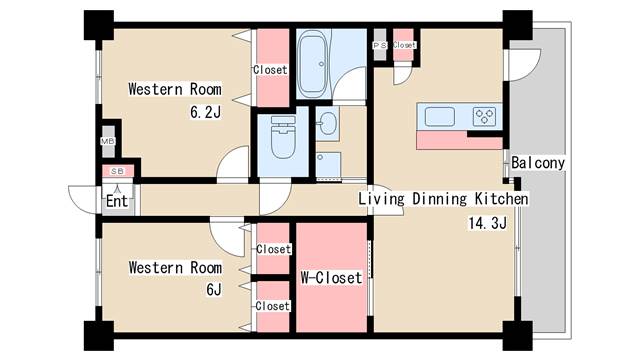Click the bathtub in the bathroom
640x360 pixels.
coord(312,64)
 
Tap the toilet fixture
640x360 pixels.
coord(283,137)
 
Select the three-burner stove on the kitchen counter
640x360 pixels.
coord(484,116)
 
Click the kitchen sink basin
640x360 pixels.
coord(440,116)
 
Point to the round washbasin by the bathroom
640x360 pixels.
coord(328,123)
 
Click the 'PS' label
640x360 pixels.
coord(380,46)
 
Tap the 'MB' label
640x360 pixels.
coord(108,141)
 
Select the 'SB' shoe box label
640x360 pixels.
coord(118,171)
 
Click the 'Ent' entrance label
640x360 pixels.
coord(117,201)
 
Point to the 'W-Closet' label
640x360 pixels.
coord(331,278)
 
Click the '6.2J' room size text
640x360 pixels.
coord(205,112)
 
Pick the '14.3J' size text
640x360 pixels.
coord(487,223)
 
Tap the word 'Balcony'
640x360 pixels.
coord(538,163)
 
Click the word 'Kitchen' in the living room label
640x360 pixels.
coord(501,199)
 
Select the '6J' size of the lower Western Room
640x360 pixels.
coord(214,289)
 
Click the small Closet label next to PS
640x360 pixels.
coord(404,45)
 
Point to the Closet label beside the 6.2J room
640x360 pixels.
coord(270,70)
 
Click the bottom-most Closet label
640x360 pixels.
coord(273,306)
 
